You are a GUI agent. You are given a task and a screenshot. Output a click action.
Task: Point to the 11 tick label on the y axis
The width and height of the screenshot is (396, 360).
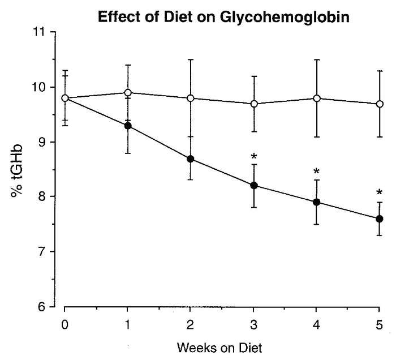click(x=40, y=32)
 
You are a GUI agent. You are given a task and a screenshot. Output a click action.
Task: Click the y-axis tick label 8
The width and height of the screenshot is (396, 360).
click(x=42, y=197)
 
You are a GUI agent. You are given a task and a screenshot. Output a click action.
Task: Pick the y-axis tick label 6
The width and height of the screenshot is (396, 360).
click(x=42, y=307)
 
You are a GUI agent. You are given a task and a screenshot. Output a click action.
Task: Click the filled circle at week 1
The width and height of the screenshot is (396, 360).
click(x=128, y=126)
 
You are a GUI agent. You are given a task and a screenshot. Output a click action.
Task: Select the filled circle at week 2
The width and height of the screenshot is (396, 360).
click(x=191, y=158)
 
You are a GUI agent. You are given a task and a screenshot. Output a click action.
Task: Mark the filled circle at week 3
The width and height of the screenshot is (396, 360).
click(x=254, y=186)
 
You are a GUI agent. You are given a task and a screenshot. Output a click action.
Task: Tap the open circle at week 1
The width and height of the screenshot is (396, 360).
click(x=128, y=92)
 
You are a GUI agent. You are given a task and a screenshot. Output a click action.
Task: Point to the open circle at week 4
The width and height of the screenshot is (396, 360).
click(x=317, y=98)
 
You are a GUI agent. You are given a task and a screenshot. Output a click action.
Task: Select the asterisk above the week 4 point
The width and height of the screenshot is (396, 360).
click(x=317, y=172)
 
